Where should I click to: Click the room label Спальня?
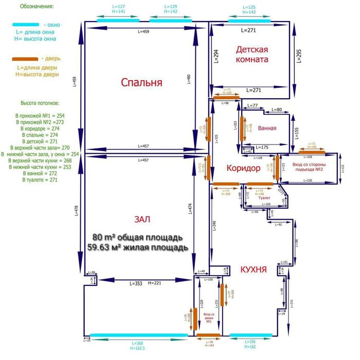141,82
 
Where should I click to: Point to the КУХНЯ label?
253,269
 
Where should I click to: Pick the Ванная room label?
267,129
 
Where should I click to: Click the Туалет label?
264,197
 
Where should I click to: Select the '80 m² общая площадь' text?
137,238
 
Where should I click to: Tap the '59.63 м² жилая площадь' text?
137,247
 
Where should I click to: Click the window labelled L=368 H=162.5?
139,335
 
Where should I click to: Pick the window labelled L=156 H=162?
250,335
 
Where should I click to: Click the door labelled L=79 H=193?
208,335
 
